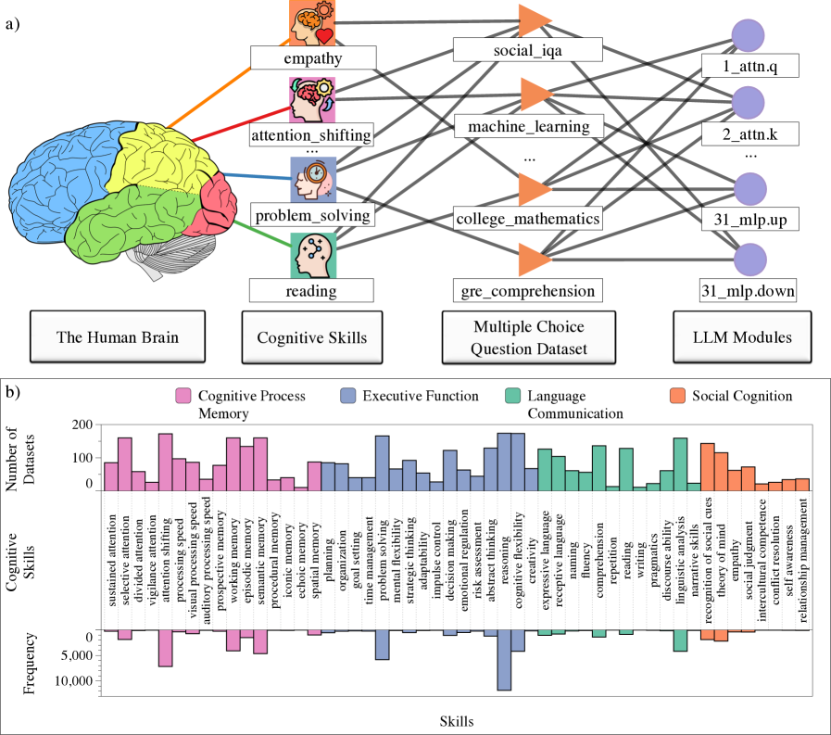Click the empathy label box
click(x=312, y=59)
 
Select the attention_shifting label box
click(x=312, y=136)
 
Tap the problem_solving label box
click(x=312, y=216)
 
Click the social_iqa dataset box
click(x=528, y=50)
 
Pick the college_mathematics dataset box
click(x=528, y=219)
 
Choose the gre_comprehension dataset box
click(x=528, y=290)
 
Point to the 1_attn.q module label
click(x=749, y=67)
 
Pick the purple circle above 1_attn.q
click(x=749, y=37)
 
